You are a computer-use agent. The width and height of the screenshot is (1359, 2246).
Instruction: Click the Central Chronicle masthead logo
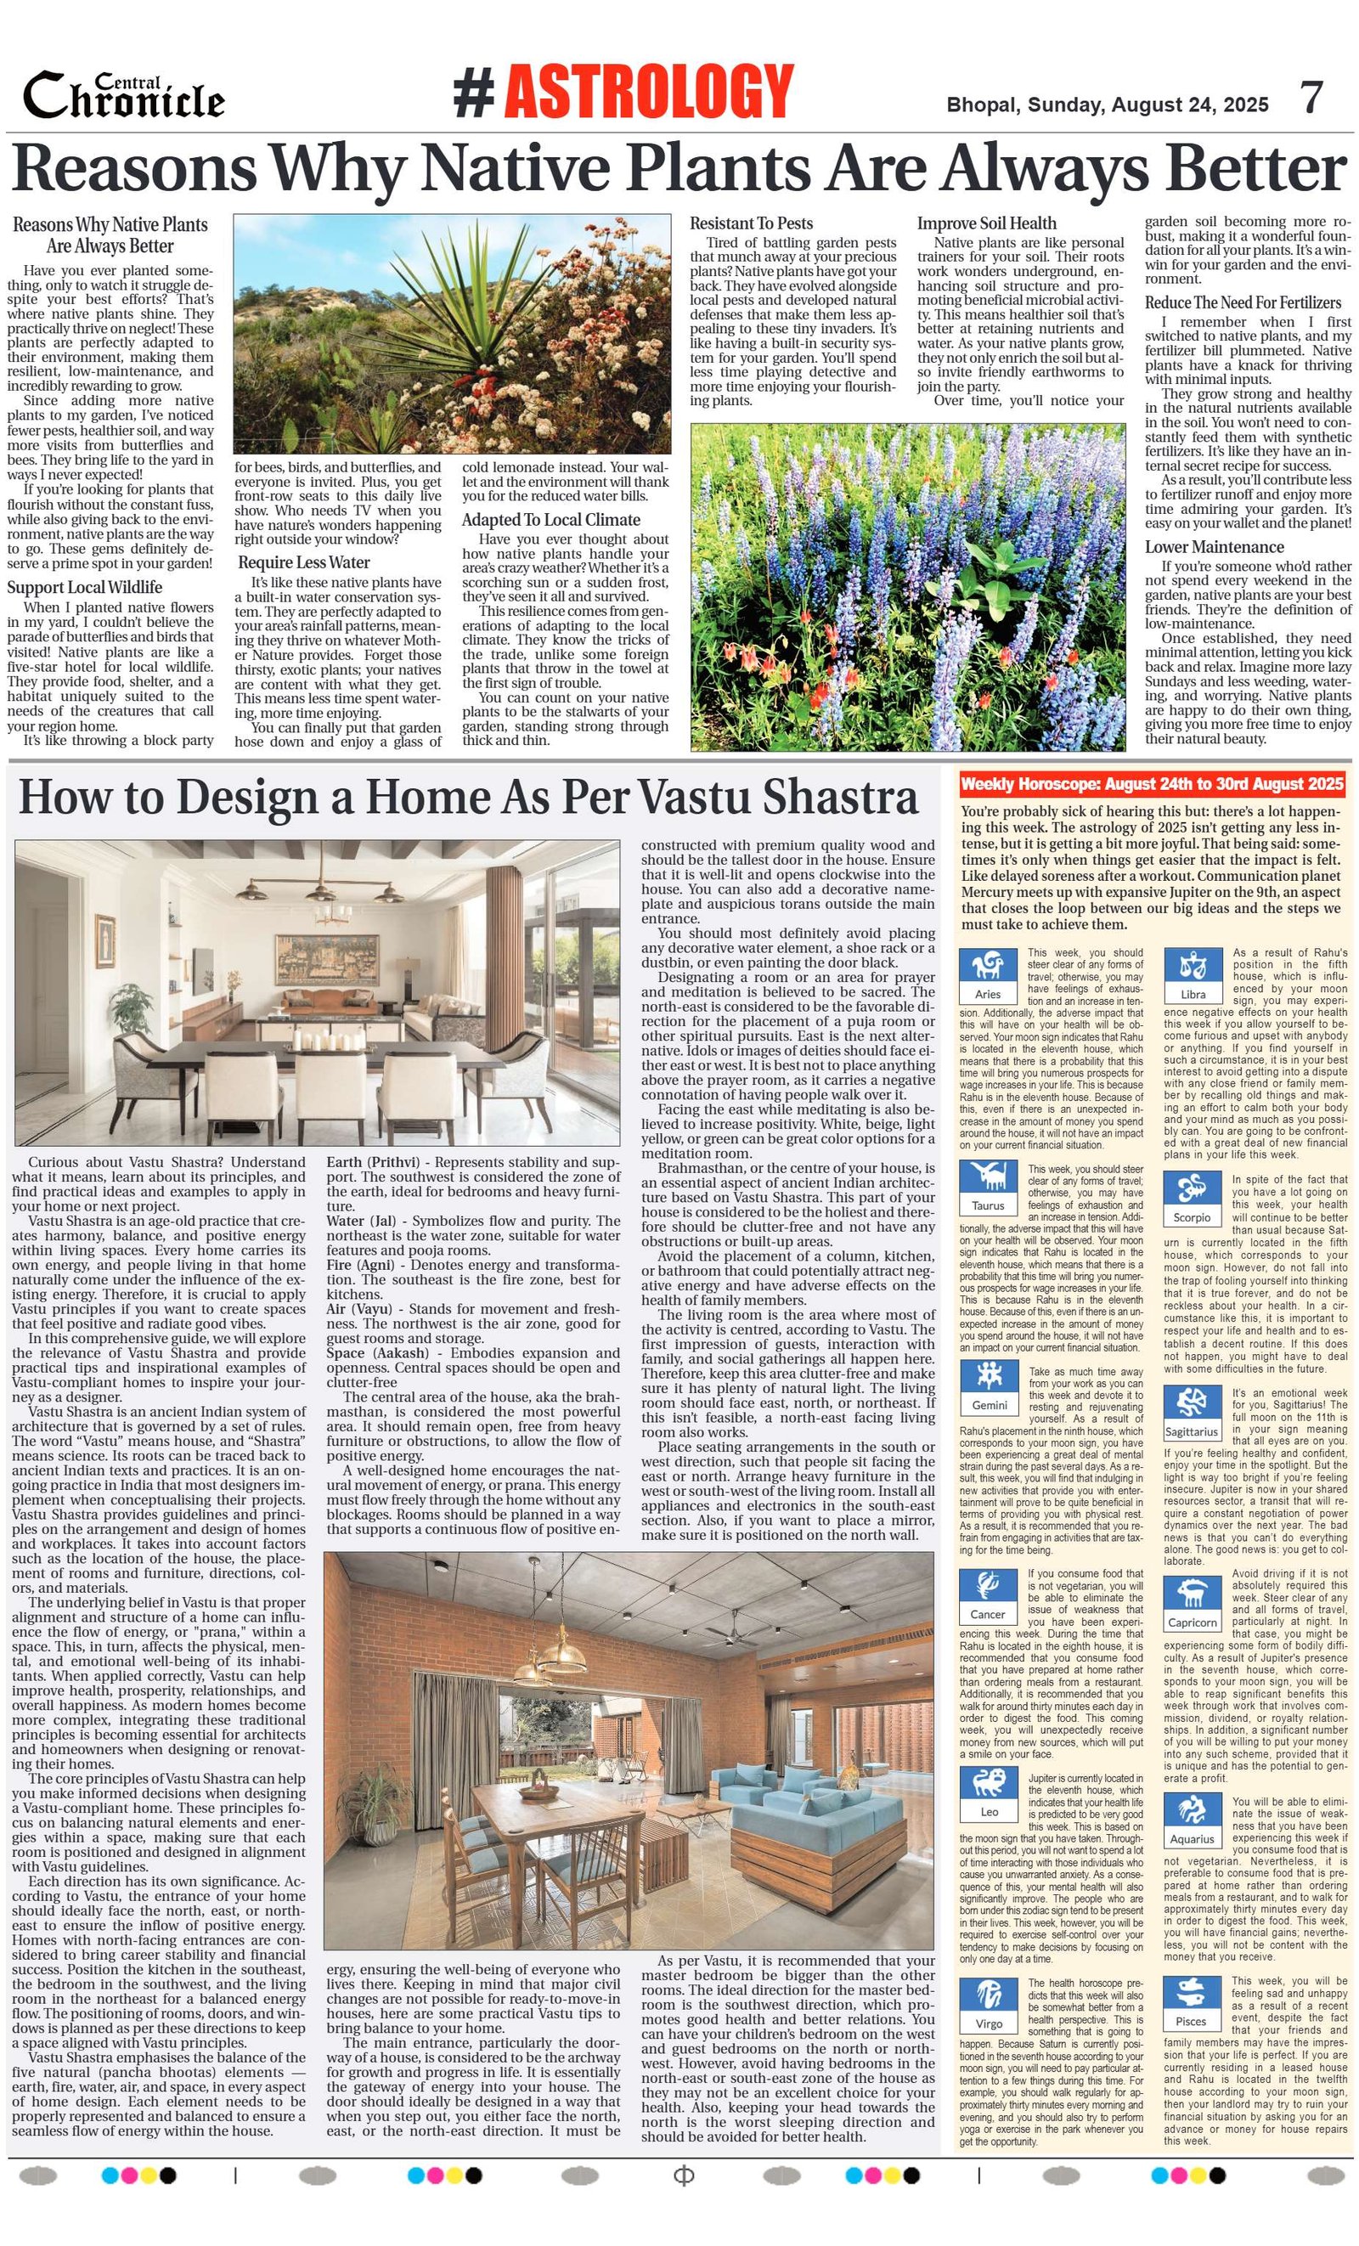coord(123,96)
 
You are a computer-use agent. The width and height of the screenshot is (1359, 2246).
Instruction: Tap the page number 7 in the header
coord(1311,98)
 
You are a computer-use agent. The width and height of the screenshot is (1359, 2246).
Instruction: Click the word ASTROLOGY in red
coord(648,91)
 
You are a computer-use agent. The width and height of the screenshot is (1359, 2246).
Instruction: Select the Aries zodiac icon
coord(988,968)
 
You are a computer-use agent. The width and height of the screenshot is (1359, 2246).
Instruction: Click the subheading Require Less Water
coord(303,562)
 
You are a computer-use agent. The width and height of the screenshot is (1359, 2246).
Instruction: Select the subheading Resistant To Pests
coord(750,223)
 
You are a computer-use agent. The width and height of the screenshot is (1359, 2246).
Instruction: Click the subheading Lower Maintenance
coord(1214,547)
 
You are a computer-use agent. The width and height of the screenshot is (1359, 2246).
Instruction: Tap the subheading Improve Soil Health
coord(986,223)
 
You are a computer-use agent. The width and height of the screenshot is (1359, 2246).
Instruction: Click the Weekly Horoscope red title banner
coord(1151,784)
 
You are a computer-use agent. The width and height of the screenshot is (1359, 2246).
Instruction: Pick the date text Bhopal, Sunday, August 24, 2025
coord(1107,104)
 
